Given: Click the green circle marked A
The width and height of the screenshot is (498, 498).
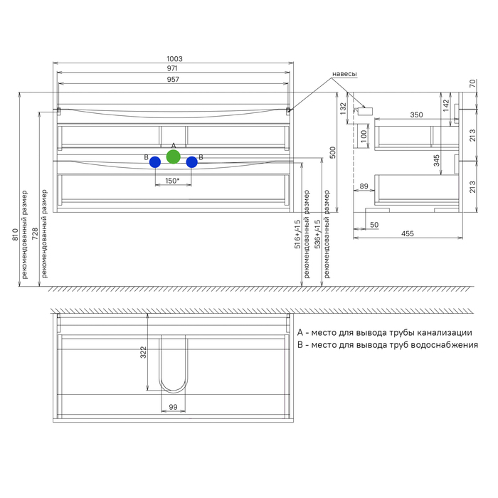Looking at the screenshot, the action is [174, 157].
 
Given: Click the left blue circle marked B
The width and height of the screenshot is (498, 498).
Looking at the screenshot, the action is [155, 162].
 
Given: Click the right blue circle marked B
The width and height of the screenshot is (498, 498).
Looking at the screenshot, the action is [192, 162].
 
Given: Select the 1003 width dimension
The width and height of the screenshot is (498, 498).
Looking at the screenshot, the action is [175, 59].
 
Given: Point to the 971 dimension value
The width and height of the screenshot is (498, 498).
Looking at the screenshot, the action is [172, 68].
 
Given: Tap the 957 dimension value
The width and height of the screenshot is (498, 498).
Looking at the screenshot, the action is [173, 80].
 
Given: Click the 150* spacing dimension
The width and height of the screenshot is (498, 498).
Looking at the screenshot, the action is [172, 181].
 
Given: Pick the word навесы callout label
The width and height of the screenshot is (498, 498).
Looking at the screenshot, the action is [344, 74].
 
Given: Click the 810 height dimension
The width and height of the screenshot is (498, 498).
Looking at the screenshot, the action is [15, 234].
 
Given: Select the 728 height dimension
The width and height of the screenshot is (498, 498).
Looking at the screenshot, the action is [35, 233].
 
